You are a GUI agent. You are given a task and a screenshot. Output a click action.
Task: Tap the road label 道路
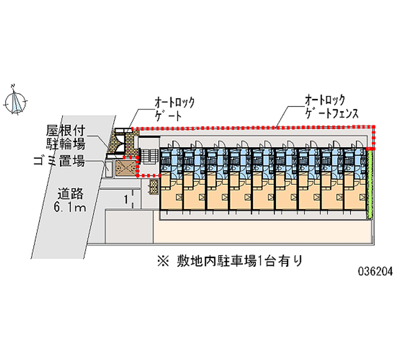click(x=70, y=194)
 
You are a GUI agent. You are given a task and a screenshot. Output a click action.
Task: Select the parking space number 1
click(x=126, y=200)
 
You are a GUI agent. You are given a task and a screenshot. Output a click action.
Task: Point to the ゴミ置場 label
click(x=59, y=161)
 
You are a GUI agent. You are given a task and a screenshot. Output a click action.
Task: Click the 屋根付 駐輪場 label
click(x=65, y=137)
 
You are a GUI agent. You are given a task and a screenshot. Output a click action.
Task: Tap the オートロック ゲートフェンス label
click(x=331, y=106)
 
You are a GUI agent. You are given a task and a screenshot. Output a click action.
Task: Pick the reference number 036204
click(x=375, y=271)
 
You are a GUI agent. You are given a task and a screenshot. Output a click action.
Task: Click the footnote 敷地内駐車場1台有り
click(x=239, y=261)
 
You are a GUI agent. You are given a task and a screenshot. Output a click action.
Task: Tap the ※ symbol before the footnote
click(x=163, y=261)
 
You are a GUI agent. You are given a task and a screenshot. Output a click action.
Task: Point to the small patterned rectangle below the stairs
click(x=153, y=187)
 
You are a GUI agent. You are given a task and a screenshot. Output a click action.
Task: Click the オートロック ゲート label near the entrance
click(x=175, y=109)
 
